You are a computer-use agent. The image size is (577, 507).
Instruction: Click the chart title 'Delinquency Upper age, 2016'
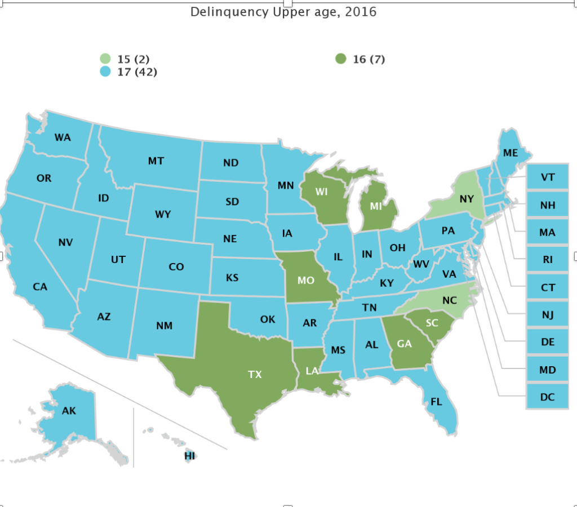283,12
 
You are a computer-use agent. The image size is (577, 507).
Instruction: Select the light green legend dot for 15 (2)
105,59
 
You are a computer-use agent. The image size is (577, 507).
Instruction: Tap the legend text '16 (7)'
369,59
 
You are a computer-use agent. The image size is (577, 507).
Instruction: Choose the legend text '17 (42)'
137,72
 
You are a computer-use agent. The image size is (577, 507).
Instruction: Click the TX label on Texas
255,374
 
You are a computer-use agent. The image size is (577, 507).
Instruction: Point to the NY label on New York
466,199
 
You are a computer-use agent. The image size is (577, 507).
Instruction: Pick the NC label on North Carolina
449,300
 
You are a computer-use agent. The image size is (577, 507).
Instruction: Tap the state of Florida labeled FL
436,402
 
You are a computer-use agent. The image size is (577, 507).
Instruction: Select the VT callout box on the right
547,177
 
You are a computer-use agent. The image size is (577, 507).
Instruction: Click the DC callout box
547,397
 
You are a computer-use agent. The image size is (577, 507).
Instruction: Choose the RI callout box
547,260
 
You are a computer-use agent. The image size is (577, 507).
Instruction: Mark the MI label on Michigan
376,207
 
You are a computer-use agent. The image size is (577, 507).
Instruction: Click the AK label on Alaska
69,411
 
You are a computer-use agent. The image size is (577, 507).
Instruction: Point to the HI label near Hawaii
189,456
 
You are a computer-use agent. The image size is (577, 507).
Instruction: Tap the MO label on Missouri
306,280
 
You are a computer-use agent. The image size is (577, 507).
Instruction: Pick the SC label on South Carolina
432,323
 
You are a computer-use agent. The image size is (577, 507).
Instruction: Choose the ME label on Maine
511,153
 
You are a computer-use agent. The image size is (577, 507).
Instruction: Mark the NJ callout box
547,315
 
